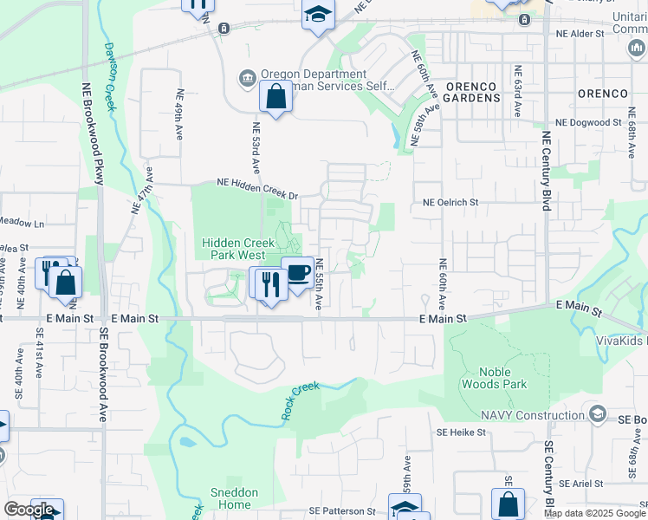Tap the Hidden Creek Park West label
pos(234,250)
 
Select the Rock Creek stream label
pos(301,401)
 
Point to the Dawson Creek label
pos(109,75)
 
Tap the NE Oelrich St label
pos(450,202)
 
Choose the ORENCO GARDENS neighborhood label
pos(473,92)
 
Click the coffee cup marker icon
pos(297,272)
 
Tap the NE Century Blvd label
pos(546,171)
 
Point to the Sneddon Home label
pos(234,498)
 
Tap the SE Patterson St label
pos(340,511)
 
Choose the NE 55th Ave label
pos(319,284)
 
